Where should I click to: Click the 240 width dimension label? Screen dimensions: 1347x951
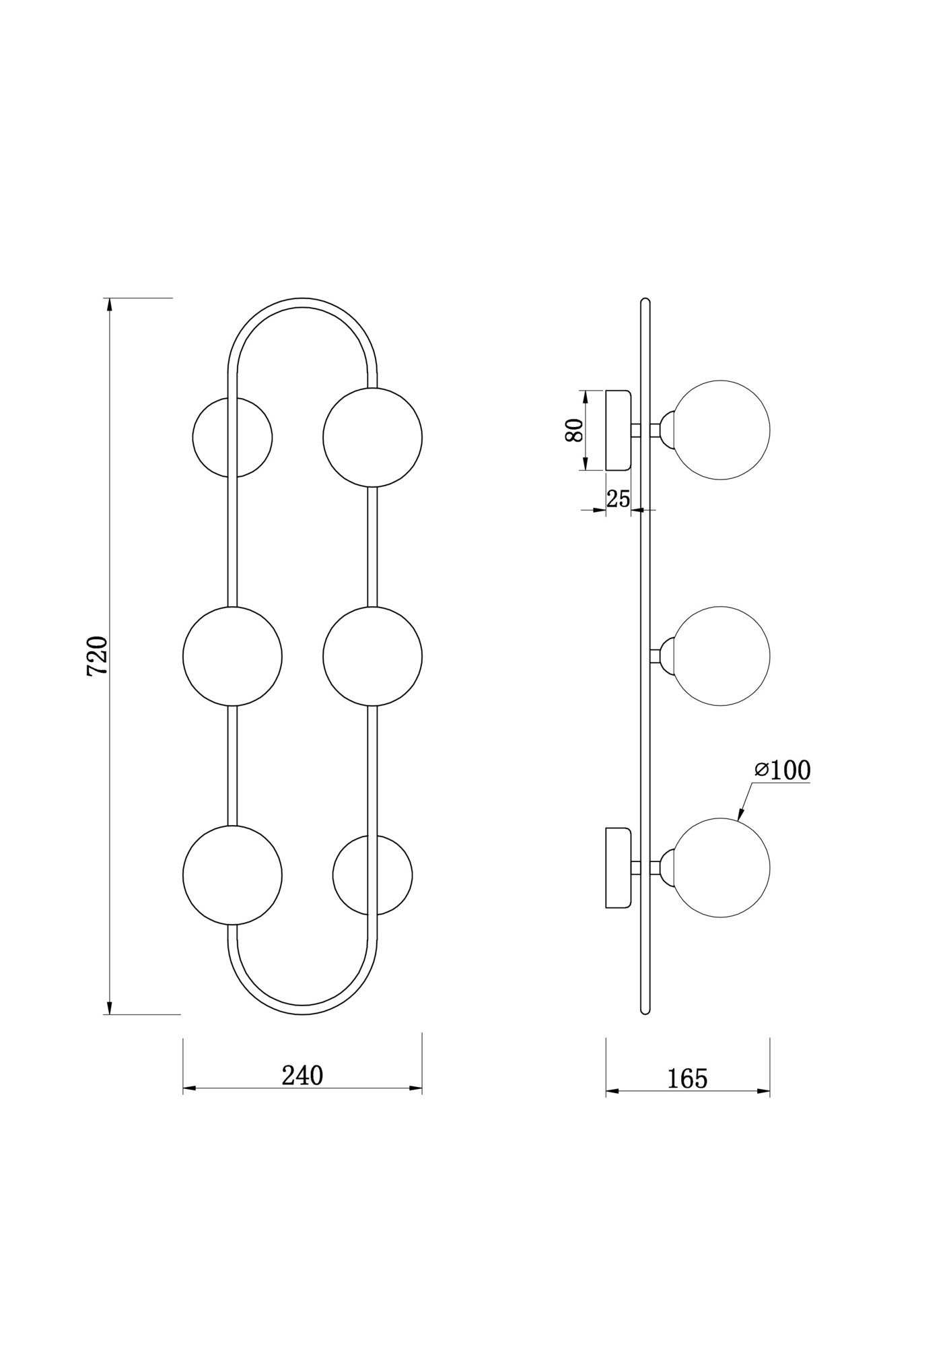(x=302, y=1076)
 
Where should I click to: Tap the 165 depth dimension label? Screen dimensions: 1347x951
(x=687, y=1079)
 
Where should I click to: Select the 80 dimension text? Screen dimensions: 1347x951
(x=573, y=430)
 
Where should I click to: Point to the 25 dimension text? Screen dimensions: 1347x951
(x=618, y=499)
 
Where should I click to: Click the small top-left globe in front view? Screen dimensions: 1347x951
(x=232, y=437)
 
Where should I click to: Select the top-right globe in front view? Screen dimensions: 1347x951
(x=372, y=437)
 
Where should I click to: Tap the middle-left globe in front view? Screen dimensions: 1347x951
(x=232, y=657)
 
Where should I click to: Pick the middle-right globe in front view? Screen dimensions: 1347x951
(x=372, y=657)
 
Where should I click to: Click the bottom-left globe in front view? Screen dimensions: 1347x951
(x=232, y=875)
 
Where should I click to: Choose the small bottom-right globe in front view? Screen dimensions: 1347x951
(x=372, y=876)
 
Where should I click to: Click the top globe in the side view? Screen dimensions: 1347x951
(x=721, y=430)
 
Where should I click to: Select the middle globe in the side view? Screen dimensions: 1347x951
(x=721, y=656)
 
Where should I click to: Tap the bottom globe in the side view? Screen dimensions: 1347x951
(x=721, y=868)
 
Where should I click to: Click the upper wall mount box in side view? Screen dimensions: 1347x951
(x=618, y=430)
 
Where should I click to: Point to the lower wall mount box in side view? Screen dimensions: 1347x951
(x=618, y=867)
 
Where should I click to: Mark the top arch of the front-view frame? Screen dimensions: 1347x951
(x=302, y=303)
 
